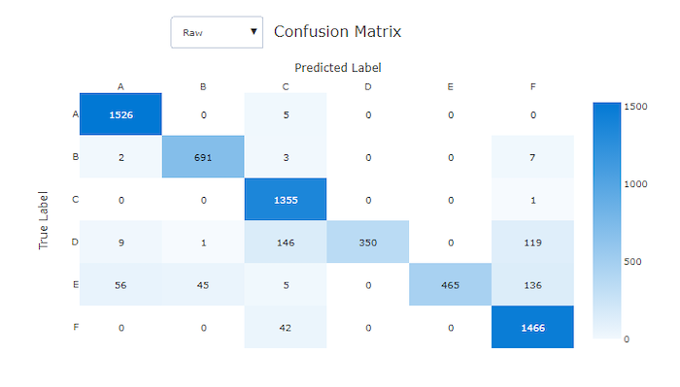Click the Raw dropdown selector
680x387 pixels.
click(217, 32)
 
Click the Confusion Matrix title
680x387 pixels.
click(337, 31)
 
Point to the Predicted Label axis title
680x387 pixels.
click(337, 68)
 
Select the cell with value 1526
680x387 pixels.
click(120, 114)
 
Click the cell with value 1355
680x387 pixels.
click(286, 199)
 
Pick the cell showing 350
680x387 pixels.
click(368, 242)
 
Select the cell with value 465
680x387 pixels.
click(451, 284)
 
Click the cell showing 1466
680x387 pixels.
click(533, 327)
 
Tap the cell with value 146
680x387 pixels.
click(286, 242)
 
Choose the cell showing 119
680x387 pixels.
click(533, 242)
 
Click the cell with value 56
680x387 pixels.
click(120, 284)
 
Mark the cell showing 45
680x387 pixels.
click(203, 284)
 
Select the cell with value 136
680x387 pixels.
click(533, 284)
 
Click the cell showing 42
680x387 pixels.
click(286, 327)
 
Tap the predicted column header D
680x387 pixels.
click(368, 86)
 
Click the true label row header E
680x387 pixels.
click(75, 284)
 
